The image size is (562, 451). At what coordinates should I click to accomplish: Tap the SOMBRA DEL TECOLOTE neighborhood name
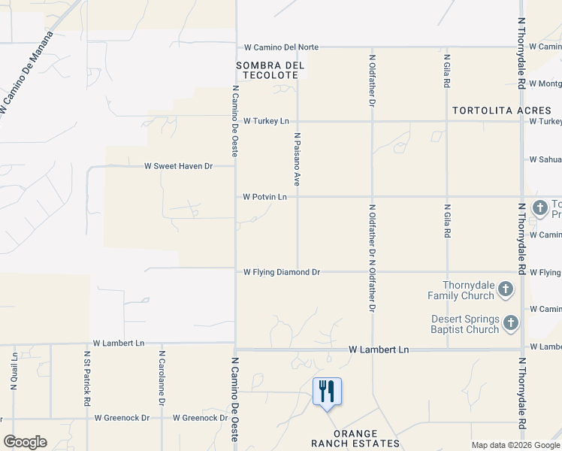pyautogui.click(x=270, y=70)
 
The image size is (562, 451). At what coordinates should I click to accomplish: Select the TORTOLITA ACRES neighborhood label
pyautogui.click(x=501, y=110)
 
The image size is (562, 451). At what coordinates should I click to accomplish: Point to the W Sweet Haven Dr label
pyautogui.click(x=179, y=166)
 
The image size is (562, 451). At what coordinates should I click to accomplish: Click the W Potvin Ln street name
pyautogui.click(x=265, y=197)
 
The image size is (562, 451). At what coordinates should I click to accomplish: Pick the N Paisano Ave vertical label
pyautogui.click(x=298, y=159)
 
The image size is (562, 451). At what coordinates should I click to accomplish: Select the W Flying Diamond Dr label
pyautogui.click(x=282, y=272)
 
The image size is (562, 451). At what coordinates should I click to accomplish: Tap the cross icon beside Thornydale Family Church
pyautogui.click(x=506, y=289)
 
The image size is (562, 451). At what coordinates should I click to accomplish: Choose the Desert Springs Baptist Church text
pyautogui.click(x=465, y=324)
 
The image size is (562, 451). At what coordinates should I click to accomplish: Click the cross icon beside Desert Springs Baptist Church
pyautogui.click(x=511, y=323)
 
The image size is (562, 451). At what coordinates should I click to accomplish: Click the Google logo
pyautogui.click(x=25, y=442)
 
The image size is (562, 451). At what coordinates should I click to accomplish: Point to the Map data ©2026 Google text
pyautogui.click(x=515, y=445)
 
